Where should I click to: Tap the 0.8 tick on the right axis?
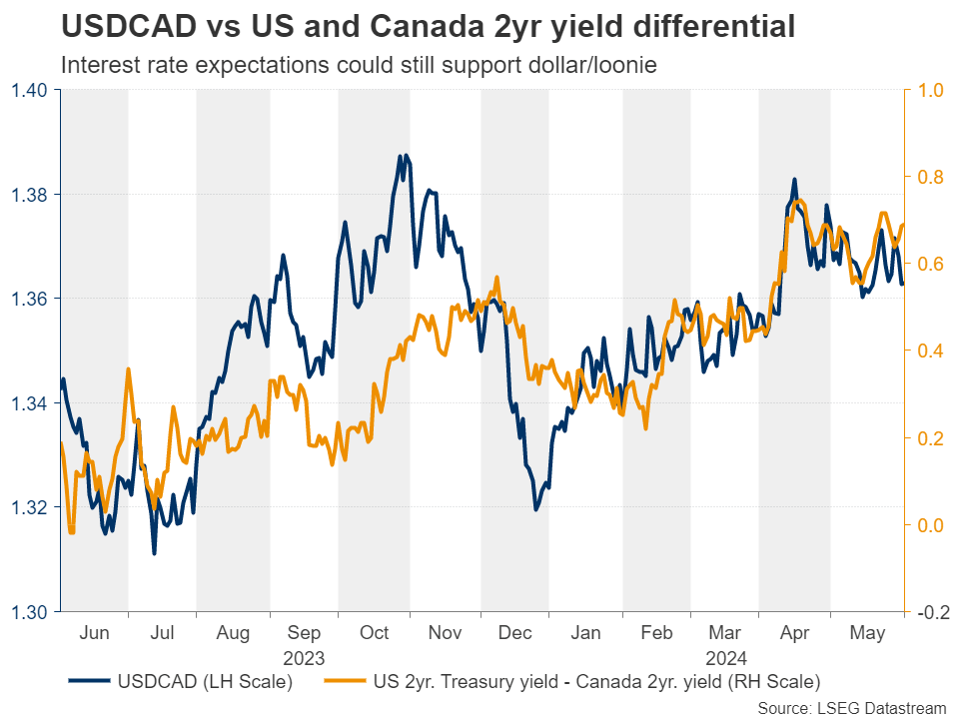pos(930,177)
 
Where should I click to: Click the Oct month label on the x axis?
pos(375,633)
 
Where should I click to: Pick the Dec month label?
pos(515,633)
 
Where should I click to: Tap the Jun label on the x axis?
pos(94,633)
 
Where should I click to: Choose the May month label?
pos(867,633)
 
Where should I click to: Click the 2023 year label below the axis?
pos(304,657)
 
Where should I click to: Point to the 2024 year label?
pos(726,657)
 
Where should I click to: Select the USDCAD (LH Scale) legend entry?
pos(180,682)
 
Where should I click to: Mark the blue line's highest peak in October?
pos(400,156)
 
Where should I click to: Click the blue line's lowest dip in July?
pos(154,553)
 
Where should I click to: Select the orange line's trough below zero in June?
pos(71,532)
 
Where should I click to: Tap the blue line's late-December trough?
pos(536,510)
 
